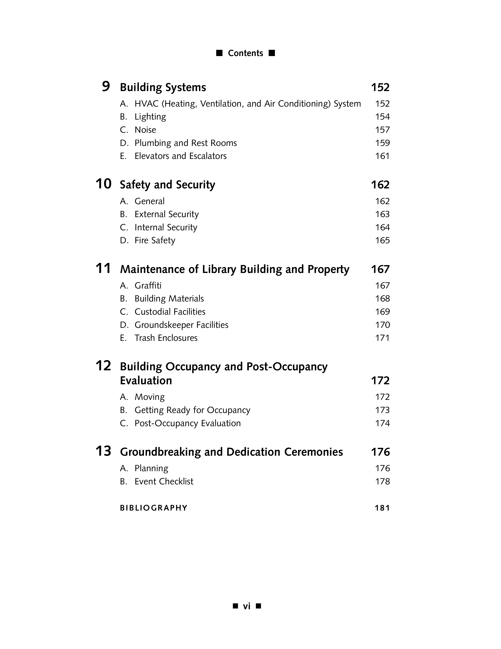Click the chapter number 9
[x=106, y=87]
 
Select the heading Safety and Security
[x=167, y=185]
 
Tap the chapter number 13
[x=103, y=451]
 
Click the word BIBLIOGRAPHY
[x=154, y=508]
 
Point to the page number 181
[x=382, y=508]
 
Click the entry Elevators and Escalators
[x=180, y=156]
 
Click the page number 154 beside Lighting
[x=382, y=117]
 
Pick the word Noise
[x=145, y=130]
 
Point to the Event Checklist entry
[x=164, y=481]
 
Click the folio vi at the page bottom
[x=247, y=606]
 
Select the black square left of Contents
[x=219, y=53]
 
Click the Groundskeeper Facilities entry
[x=181, y=325]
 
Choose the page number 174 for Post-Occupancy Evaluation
[x=382, y=423]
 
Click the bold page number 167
[x=380, y=269]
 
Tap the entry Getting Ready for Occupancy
[x=192, y=410]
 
